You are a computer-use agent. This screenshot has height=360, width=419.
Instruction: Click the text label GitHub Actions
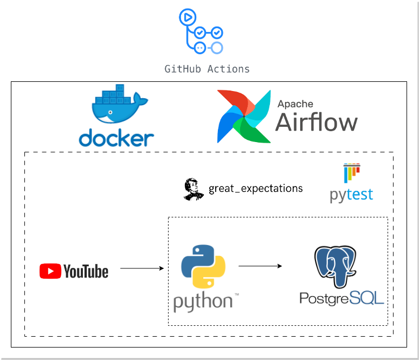coord(207,69)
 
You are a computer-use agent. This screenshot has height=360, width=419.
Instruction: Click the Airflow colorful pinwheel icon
coord(243,116)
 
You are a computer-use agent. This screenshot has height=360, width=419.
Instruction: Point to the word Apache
coord(295,104)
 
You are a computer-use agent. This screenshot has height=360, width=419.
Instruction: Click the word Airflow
coord(316,123)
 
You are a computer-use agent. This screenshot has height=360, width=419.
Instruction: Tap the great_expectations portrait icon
coord(194,189)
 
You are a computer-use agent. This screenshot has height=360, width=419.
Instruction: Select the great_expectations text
coord(256,189)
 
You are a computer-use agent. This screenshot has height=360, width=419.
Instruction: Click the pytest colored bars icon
coord(351,173)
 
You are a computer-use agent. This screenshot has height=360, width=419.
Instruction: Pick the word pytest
coord(351,194)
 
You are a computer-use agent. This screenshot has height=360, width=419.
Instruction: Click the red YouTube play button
coord(50,271)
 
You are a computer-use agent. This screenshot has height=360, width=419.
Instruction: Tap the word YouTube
coord(86,271)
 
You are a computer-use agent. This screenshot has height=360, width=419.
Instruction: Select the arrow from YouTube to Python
coord(141,268)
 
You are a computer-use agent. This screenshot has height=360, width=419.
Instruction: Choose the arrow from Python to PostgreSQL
coord(260,266)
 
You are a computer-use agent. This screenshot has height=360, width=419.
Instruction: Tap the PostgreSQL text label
coord(341,298)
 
